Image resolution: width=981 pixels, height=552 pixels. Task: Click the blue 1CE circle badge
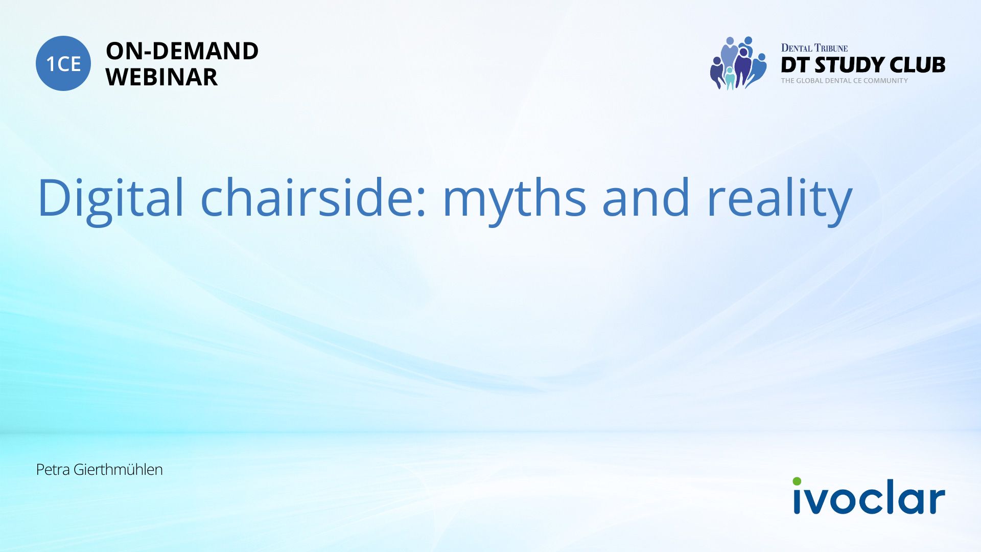click(63, 63)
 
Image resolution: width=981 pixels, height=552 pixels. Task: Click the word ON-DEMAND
click(182, 51)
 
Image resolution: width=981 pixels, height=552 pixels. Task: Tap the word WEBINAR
click(161, 77)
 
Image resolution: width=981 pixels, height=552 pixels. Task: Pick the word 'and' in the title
click(646, 197)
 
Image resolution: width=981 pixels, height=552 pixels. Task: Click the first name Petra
click(53, 470)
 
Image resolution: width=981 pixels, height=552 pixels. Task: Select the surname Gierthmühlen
click(118, 470)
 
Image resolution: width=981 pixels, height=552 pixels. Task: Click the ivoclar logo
click(869, 496)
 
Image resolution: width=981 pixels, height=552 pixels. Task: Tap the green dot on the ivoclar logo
click(797, 481)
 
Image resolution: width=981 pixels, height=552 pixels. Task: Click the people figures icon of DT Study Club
click(738, 63)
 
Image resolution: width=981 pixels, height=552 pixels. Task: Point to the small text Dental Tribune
click(814, 48)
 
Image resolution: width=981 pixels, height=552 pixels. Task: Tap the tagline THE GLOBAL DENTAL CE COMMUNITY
click(845, 81)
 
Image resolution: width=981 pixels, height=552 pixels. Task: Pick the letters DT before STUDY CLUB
click(796, 65)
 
